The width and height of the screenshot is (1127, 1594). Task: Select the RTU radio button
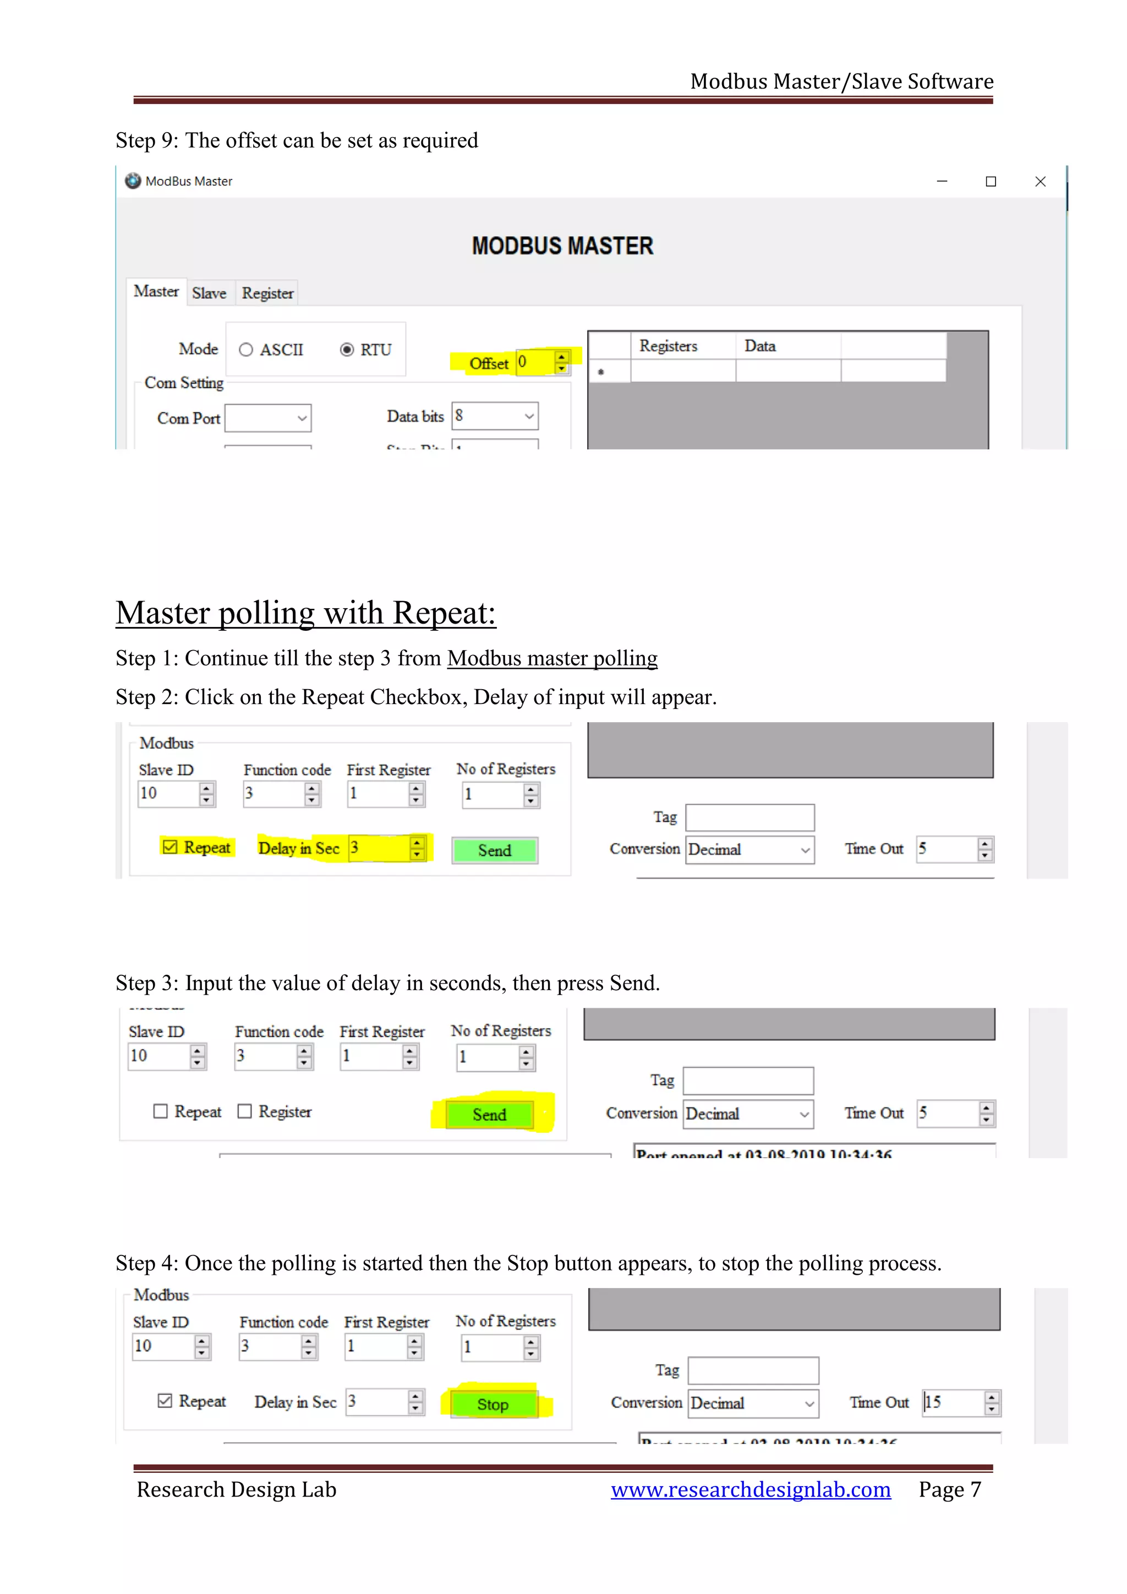347,350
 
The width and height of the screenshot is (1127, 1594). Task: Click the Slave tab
209,293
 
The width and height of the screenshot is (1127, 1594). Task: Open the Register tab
267,293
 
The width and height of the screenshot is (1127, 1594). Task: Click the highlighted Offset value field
534,362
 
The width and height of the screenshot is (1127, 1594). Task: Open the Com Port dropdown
268,418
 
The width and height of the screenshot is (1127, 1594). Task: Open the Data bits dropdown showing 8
495,416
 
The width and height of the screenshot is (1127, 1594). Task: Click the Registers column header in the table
668,346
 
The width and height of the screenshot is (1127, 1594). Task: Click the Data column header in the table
760,346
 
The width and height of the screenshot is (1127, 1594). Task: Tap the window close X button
1040,181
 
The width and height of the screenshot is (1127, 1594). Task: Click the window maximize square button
991,181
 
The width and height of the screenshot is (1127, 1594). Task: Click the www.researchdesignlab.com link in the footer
750,1489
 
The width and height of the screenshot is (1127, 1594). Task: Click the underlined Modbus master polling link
552,657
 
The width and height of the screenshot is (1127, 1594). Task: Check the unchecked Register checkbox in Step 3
244,1111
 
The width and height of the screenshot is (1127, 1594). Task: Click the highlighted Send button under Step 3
489,1114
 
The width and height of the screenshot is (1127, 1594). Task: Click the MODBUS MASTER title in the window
562,246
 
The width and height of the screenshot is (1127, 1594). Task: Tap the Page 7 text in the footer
949,1489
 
